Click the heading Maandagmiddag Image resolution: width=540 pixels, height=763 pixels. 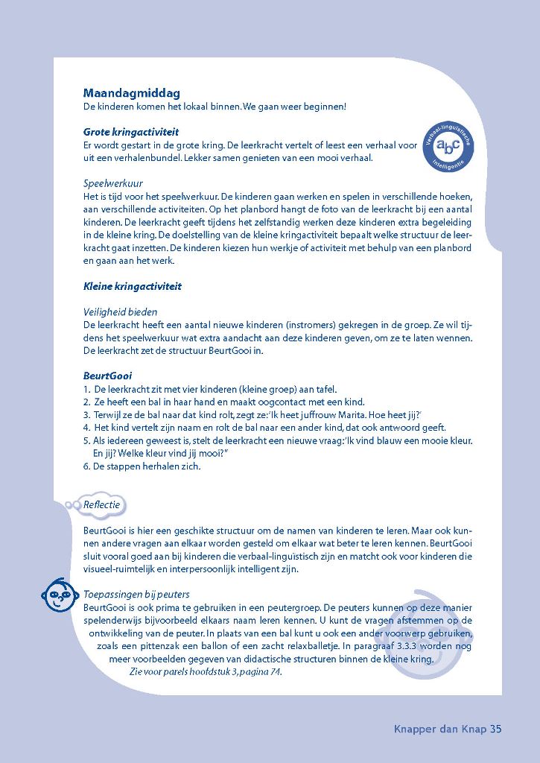(132, 94)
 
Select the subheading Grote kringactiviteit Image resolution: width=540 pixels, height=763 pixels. (131, 132)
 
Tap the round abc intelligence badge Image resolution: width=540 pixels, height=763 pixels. (449, 146)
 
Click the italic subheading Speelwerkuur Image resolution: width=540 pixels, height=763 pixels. (113, 183)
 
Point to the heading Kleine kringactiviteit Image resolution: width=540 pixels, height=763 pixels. (133, 286)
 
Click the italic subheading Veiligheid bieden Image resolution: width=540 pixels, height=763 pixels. (121, 312)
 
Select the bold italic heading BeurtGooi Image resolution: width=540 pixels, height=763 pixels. (107, 376)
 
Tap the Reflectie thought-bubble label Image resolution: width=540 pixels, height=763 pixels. (101, 505)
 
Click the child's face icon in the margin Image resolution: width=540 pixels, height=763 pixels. (58, 593)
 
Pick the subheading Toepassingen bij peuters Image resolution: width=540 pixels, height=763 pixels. (136, 595)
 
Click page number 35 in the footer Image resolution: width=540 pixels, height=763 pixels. (496, 729)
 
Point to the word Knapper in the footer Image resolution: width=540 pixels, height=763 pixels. (415, 729)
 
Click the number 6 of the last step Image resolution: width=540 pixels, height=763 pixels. (86, 466)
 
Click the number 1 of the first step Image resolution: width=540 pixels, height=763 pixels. (86, 389)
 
